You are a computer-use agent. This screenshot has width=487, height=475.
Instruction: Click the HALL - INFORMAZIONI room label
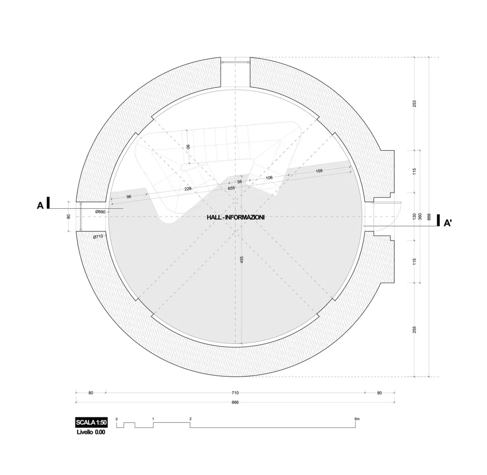click(x=235, y=218)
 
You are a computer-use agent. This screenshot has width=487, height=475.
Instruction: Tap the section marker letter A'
click(x=448, y=223)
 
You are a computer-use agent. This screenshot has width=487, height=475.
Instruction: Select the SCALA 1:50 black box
click(x=91, y=422)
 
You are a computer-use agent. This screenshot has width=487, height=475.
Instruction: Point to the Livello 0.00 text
click(x=91, y=432)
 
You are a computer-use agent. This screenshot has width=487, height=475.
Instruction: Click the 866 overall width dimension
click(x=235, y=402)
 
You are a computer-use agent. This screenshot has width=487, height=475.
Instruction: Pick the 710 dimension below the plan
click(x=235, y=392)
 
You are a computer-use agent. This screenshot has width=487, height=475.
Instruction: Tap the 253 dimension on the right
click(x=414, y=103)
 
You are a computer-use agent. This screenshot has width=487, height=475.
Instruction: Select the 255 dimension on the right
click(x=414, y=330)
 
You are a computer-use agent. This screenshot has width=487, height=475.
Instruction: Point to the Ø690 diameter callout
click(x=101, y=212)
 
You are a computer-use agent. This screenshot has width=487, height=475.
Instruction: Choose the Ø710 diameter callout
click(x=98, y=237)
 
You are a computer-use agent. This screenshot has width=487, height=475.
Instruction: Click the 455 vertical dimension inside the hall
click(x=242, y=260)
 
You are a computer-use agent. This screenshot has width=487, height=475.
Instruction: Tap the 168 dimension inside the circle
click(x=319, y=171)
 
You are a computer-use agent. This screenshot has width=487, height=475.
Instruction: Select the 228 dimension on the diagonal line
click(x=188, y=189)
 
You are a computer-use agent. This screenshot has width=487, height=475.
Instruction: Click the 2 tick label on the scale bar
click(x=190, y=419)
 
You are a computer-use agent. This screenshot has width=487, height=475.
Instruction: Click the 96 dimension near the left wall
click(x=129, y=197)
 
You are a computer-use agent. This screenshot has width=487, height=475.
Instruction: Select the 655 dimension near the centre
click(x=231, y=188)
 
